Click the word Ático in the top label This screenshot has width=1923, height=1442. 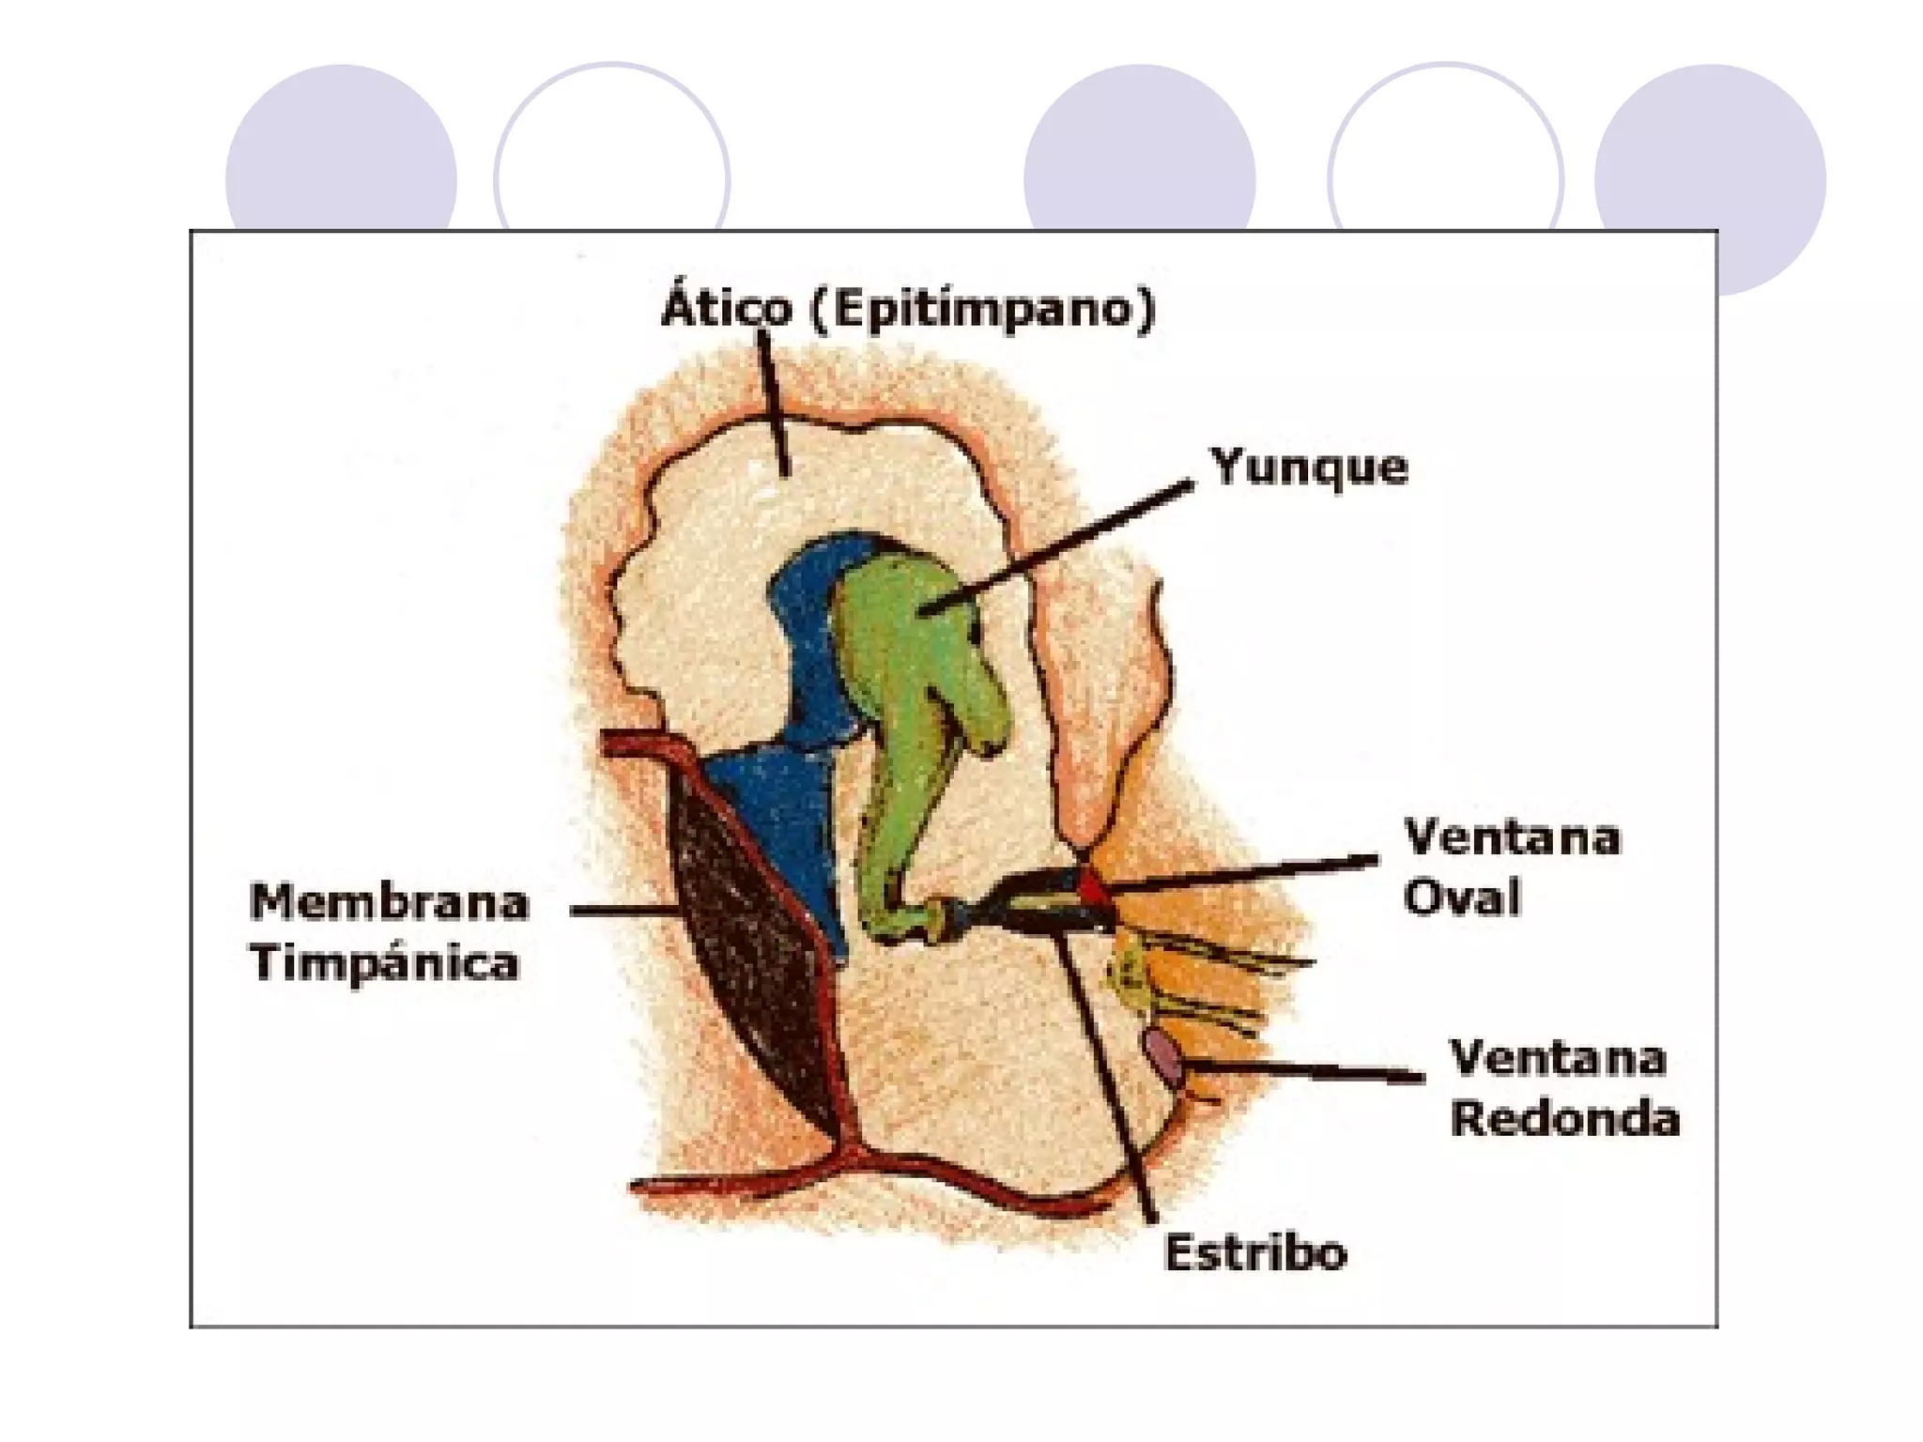click(x=727, y=308)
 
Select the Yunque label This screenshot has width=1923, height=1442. click(x=1309, y=468)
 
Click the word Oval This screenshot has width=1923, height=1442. click(x=1461, y=897)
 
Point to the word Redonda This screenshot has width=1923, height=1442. click(x=1564, y=1118)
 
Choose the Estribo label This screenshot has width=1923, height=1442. click(x=1255, y=1252)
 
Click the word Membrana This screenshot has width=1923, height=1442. click(x=390, y=903)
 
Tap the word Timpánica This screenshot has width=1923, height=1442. click(x=384, y=963)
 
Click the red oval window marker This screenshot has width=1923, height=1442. click(x=1091, y=885)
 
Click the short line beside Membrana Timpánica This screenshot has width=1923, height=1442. click(x=624, y=910)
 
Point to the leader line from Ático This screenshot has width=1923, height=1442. click(x=774, y=404)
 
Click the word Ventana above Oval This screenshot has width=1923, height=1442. click(x=1512, y=837)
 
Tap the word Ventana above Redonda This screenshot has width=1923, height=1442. click(x=1558, y=1058)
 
